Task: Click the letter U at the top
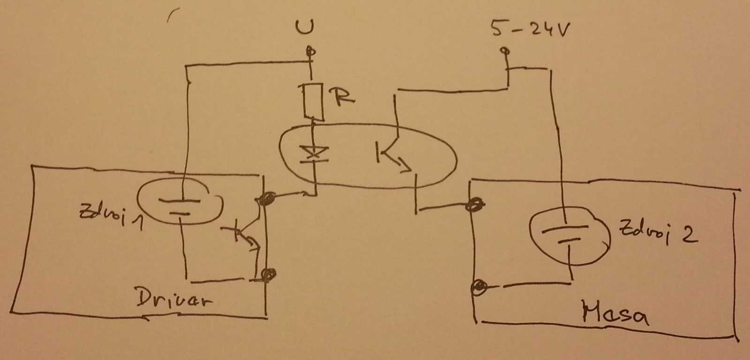point(305,28)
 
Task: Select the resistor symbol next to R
point(313,100)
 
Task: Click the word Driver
point(173,298)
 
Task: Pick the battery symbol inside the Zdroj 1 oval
point(180,207)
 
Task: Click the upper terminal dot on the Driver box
point(267,201)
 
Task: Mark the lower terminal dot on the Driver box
point(269,274)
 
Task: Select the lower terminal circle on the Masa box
point(479,286)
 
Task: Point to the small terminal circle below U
point(308,50)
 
